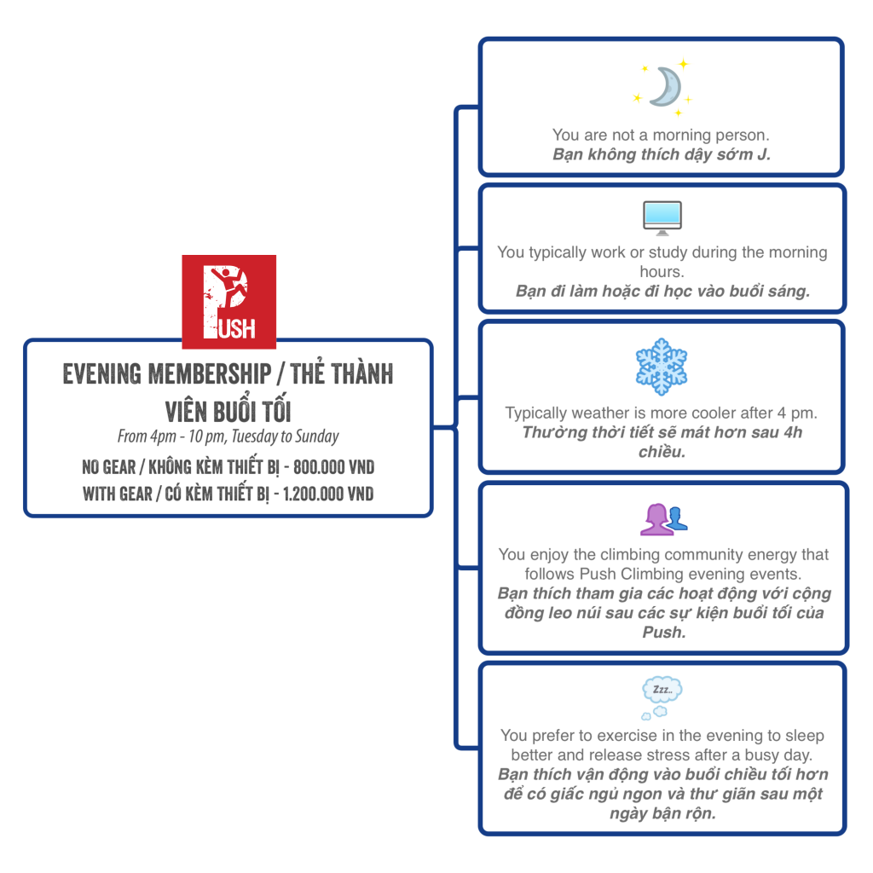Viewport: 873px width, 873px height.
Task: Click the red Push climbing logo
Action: (228, 302)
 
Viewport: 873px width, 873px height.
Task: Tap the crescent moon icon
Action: (666, 87)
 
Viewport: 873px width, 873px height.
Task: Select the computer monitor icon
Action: (662, 217)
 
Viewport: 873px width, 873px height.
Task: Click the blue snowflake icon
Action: (662, 367)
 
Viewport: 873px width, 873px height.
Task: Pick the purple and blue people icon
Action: (663, 519)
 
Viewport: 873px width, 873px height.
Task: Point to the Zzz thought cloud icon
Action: (662, 697)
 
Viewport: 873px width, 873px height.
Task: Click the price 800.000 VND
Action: (333, 467)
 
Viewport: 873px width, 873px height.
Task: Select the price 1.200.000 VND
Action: (328, 494)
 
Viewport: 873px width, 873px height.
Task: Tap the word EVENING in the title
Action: (102, 373)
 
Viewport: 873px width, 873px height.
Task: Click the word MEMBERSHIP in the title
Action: (210, 373)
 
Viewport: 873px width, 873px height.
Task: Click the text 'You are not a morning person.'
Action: (661, 135)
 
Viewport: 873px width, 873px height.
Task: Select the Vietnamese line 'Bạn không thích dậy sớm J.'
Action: (662, 154)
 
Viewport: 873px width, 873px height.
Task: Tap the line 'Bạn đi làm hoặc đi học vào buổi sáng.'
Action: (662, 292)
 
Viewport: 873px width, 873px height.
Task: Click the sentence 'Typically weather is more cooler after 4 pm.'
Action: (661, 413)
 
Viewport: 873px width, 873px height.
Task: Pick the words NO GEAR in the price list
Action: (109, 467)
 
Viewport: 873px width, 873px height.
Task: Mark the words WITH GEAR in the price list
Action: (118, 494)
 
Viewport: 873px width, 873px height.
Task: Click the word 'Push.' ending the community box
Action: (663, 633)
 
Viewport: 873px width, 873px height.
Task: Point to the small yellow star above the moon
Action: (684, 63)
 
